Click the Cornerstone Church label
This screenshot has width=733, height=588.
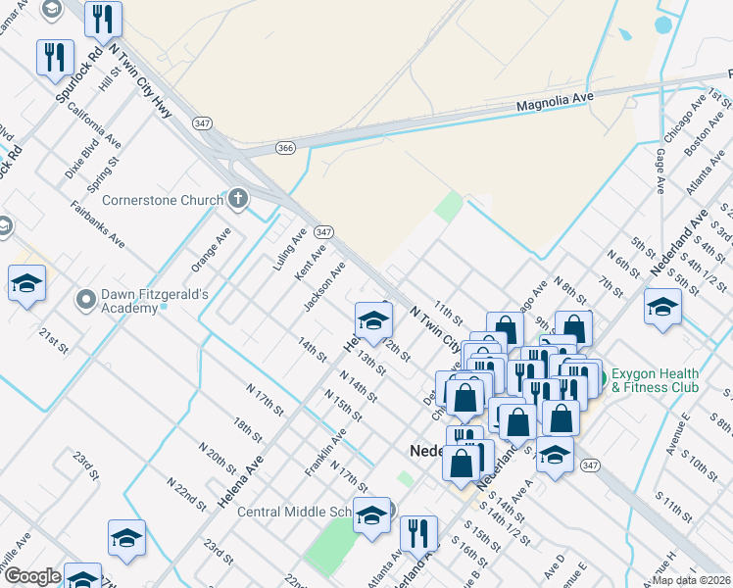163,201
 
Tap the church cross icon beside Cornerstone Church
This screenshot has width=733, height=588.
237,200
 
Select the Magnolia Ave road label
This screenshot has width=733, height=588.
556,103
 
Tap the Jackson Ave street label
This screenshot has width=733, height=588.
324,286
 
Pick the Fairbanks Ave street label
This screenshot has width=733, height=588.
98,224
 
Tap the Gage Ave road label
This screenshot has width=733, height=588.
660,171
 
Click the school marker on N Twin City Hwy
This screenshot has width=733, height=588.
372,320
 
